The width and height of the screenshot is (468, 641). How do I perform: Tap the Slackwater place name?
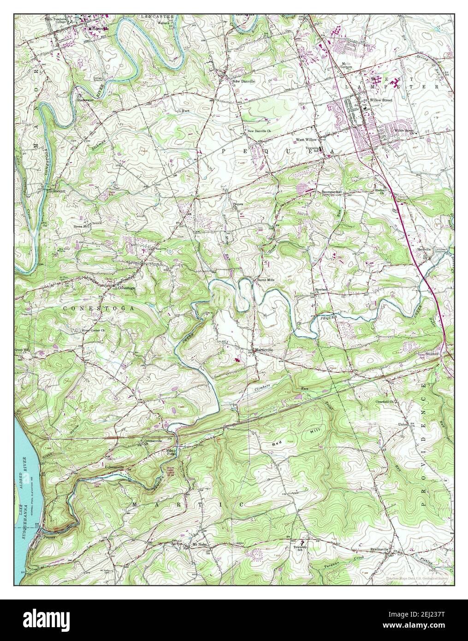pyautogui.click(x=85, y=99)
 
